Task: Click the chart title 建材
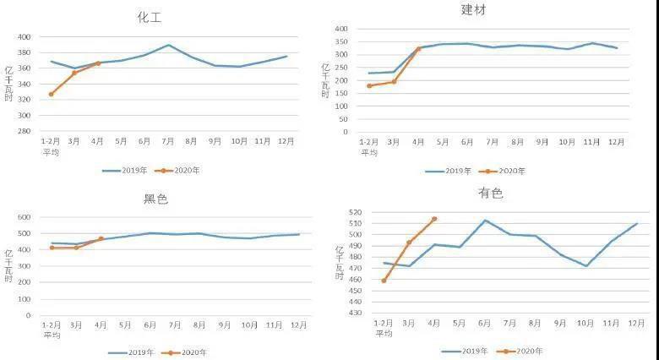tap(473, 10)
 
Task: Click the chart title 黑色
tap(156, 199)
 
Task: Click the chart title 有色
tap(490, 194)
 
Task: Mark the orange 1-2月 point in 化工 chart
tap(51, 94)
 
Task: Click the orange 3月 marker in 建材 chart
tap(394, 81)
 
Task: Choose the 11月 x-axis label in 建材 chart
tap(591, 142)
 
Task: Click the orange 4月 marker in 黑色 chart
tap(101, 239)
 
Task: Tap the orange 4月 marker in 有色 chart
tap(434, 219)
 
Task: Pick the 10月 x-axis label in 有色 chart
tap(585, 323)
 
